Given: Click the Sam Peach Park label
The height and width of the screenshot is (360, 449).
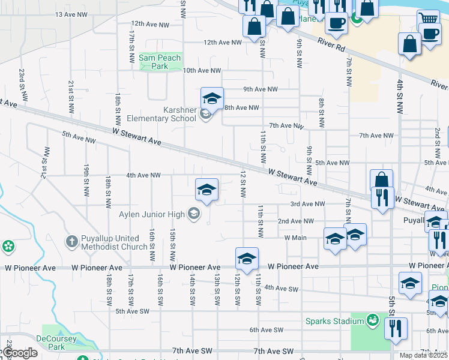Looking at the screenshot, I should pos(154,62).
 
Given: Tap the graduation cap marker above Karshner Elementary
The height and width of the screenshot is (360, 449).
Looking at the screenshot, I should pos(212,98).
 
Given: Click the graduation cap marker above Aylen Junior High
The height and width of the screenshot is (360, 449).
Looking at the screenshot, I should pos(206,190).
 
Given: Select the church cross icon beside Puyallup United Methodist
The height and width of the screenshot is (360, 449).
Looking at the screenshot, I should pos(71,241).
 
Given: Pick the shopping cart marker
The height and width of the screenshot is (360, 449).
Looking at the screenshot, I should pos(428,19).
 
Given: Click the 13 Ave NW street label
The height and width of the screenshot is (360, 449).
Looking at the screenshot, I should pos(71,14).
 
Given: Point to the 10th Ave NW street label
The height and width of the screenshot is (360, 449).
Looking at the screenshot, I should pos(202,70).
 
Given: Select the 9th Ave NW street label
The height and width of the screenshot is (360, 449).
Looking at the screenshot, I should pos(261,89).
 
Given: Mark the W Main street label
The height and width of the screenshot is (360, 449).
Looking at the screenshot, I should pos(295,238).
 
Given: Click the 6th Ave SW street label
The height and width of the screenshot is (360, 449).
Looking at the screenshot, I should pos(267,330).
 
